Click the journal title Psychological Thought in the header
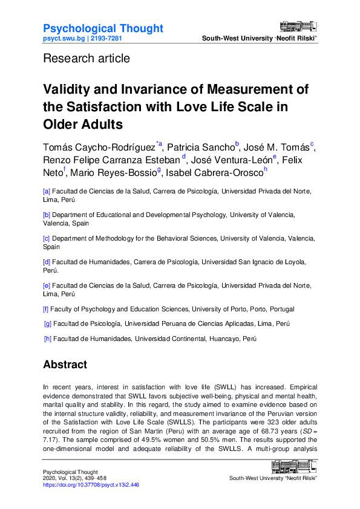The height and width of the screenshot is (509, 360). (x=103, y=28)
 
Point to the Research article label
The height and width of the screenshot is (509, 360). (x=86, y=59)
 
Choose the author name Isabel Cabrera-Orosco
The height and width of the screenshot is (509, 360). (x=215, y=173)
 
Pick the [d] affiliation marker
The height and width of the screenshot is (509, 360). (x=47, y=262)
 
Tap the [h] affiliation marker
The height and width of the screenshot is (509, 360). (x=48, y=340)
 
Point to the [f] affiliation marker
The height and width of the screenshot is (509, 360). (x=46, y=308)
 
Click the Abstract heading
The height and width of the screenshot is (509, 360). (x=65, y=365)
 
